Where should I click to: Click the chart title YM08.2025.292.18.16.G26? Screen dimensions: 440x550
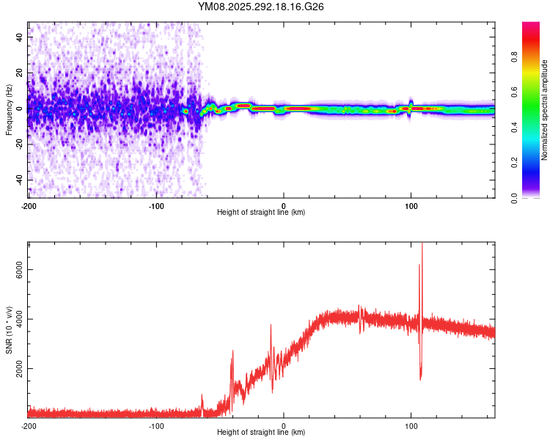[261, 7]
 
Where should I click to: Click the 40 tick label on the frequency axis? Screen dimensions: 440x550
[20, 36]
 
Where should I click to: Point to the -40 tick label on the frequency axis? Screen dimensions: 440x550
[20, 180]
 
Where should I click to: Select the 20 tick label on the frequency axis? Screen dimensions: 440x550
[20, 72]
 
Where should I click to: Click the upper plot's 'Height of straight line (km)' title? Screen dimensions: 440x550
[261, 213]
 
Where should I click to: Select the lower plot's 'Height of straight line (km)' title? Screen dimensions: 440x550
[261, 433]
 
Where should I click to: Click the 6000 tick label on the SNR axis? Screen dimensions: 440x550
[20, 270]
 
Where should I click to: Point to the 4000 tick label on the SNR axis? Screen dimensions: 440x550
[20, 319]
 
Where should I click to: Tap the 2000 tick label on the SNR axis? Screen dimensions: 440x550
[20, 368]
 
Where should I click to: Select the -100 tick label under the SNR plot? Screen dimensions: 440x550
[156, 426]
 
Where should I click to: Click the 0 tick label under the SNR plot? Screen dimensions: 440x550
[284, 426]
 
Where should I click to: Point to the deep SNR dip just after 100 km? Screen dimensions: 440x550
[420, 377]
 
